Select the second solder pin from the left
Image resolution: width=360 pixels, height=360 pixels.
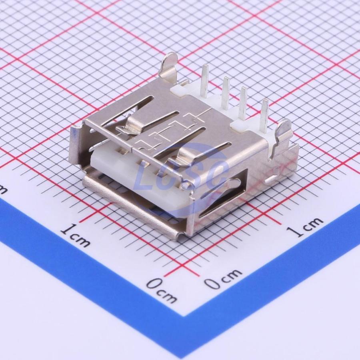pyautogui.click(x=226, y=92)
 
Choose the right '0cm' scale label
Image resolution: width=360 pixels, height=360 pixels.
pyautogui.click(x=223, y=278)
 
